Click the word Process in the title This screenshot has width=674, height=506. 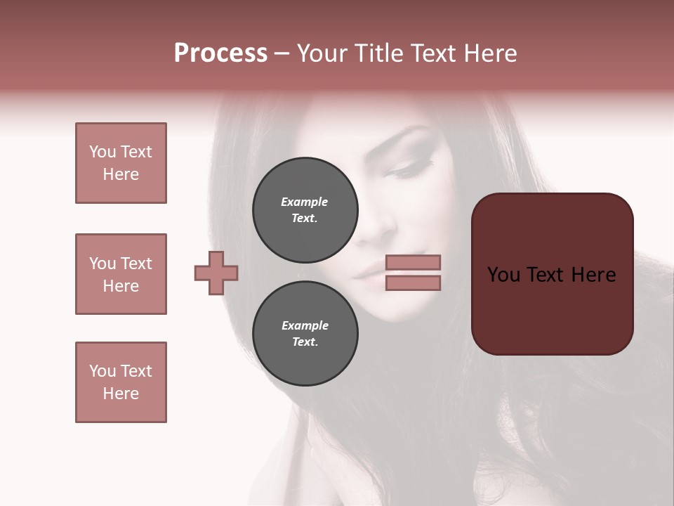coord(220,53)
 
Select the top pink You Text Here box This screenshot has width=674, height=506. coord(121,163)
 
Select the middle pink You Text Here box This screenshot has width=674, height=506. coord(121,274)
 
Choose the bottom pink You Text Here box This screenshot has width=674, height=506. coord(121,382)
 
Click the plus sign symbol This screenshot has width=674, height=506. coord(216,273)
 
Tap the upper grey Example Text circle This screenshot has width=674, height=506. coord(305,209)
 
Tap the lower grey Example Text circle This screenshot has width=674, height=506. coord(305,333)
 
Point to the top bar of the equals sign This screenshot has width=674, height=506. coord(413,262)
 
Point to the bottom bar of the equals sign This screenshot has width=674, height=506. coord(413,283)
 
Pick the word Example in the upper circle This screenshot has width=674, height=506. coord(305,202)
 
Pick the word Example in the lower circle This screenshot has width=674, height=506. coord(305,325)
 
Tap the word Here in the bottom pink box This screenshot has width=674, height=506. coord(121,394)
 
